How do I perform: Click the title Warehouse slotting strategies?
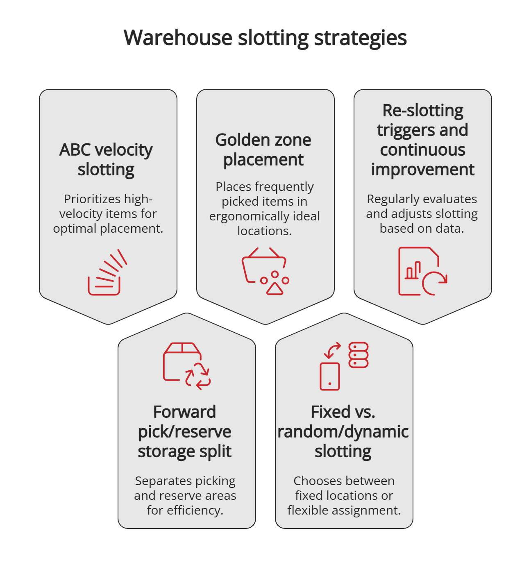[265, 38]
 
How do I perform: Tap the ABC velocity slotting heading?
[106, 159]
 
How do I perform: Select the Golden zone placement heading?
[263, 150]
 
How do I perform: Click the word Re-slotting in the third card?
[423, 111]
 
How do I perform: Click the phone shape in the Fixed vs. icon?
[330, 376]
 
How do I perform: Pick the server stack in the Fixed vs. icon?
[359, 355]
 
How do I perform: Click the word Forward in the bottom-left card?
[184, 412]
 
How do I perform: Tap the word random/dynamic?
[343, 432]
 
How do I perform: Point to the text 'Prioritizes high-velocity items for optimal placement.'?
[108, 213]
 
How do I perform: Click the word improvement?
[423, 170]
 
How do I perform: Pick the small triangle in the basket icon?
[275, 289]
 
